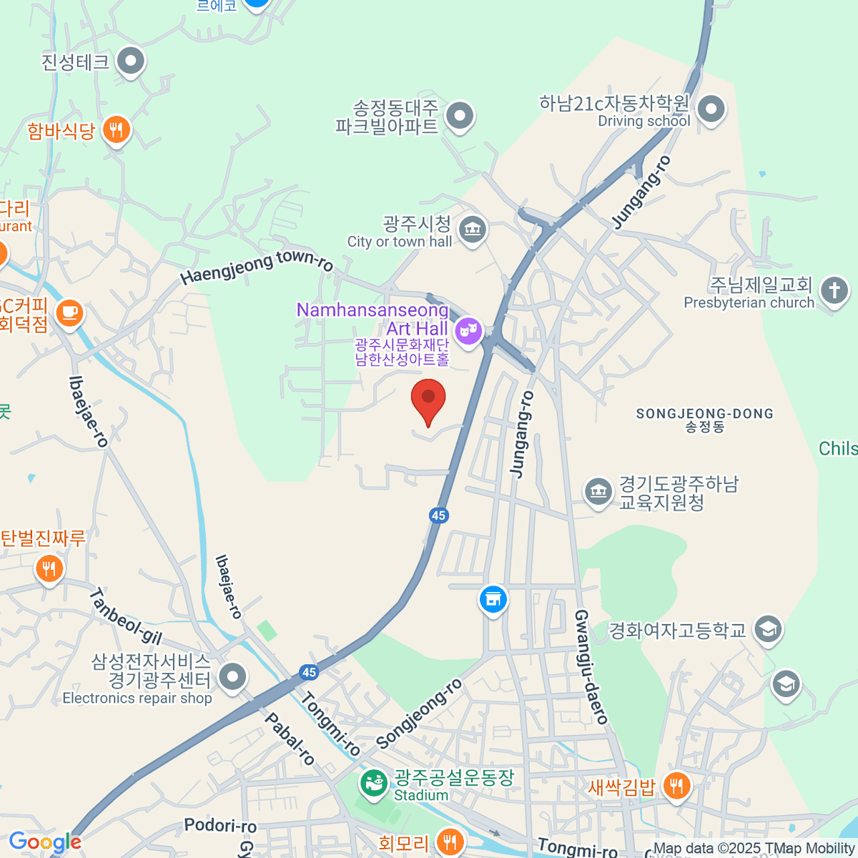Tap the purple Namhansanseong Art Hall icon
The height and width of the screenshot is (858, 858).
468,330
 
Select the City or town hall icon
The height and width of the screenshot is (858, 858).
472,230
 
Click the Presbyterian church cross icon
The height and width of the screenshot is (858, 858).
834,291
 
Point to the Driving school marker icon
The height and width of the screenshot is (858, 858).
711,110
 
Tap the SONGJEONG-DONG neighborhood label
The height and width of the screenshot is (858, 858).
704,414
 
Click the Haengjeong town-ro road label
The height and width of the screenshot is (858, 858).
256,265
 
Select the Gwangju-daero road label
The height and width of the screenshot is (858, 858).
591,666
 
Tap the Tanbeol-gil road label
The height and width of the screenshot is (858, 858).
126,616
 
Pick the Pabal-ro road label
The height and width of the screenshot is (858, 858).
290,739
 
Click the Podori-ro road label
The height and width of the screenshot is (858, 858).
220,826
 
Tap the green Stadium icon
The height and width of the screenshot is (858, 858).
373,783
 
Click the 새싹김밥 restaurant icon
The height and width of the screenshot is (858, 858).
676,785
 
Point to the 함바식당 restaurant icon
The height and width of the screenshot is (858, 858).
116,130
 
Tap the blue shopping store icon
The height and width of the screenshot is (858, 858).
493,599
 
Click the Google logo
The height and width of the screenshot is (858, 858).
45,842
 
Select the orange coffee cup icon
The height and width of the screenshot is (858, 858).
69,313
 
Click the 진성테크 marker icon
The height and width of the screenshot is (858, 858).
130,62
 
